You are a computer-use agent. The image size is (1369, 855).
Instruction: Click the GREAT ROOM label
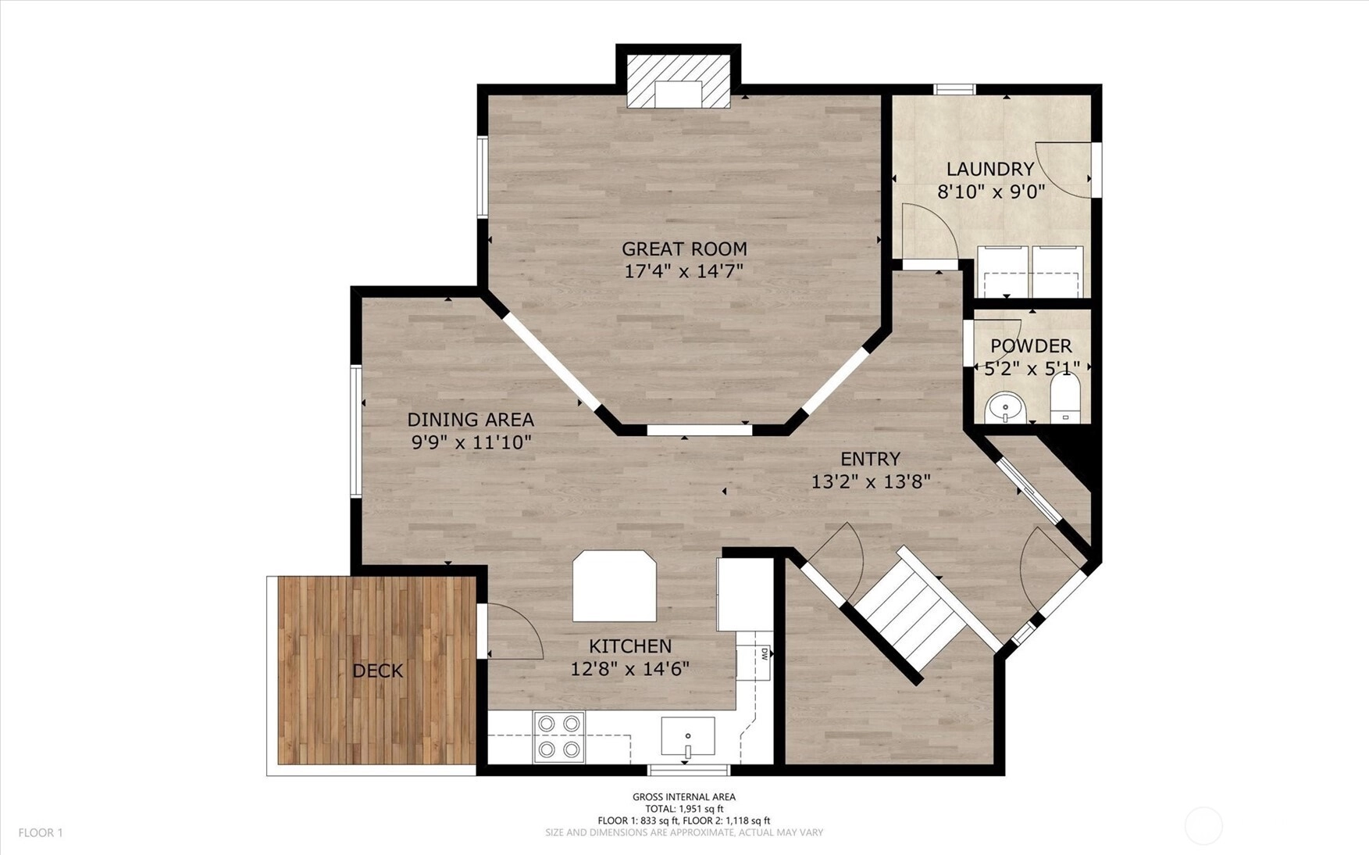pyautogui.click(x=684, y=249)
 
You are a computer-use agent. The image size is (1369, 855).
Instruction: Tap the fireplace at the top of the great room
pyautogui.click(x=679, y=81)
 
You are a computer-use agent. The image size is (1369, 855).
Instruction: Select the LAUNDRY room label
pyautogui.click(x=990, y=169)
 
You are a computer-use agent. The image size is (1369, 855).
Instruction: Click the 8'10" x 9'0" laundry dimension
pyautogui.click(x=990, y=192)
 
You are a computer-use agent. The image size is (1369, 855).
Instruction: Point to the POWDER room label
pyautogui.click(x=1031, y=346)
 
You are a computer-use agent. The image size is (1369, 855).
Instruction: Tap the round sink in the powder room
pyautogui.click(x=1005, y=407)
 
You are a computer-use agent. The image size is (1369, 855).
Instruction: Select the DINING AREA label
pyautogui.click(x=471, y=420)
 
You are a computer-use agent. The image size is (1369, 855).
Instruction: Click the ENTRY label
pyautogui.click(x=870, y=459)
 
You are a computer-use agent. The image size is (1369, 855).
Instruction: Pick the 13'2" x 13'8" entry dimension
pyautogui.click(x=870, y=481)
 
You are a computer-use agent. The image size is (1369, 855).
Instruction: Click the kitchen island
pyautogui.click(x=615, y=586)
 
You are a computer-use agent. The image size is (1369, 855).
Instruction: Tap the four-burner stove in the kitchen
pyautogui.click(x=559, y=737)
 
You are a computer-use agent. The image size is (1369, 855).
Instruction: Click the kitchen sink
pyautogui.click(x=688, y=736)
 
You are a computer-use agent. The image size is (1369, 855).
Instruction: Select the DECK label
pyautogui.click(x=378, y=671)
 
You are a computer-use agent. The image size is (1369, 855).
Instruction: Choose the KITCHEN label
pyautogui.click(x=630, y=646)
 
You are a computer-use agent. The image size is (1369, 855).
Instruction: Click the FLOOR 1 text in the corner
pyautogui.click(x=41, y=833)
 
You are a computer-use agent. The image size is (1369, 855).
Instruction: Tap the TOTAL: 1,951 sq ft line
pyautogui.click(x=684, y=809)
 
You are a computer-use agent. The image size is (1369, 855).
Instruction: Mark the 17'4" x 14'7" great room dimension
pyautogui.click(x=684, y=272)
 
